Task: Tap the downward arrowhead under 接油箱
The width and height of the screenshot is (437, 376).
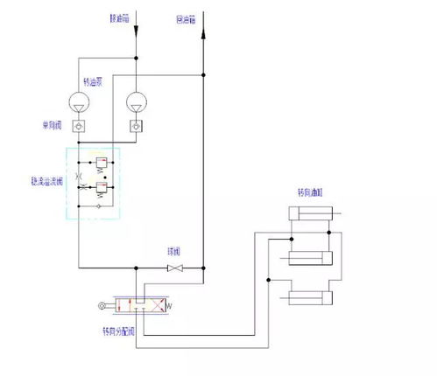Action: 136,32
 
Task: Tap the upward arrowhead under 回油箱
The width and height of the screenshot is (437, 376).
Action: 203,32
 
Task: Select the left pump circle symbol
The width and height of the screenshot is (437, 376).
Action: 80,103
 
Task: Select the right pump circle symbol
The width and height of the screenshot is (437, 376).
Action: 136,103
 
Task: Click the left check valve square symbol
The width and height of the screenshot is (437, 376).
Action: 80,127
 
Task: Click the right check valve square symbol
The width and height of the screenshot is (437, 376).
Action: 136,127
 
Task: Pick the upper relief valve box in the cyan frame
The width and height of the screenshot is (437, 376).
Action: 102,164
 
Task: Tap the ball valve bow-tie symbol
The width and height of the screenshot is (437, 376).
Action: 176,267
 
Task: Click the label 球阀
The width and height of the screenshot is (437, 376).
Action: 174,252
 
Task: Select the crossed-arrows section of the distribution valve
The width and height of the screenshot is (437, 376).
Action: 148,305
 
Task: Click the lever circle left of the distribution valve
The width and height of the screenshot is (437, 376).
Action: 103,305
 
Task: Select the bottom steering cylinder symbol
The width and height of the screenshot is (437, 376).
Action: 311,298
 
